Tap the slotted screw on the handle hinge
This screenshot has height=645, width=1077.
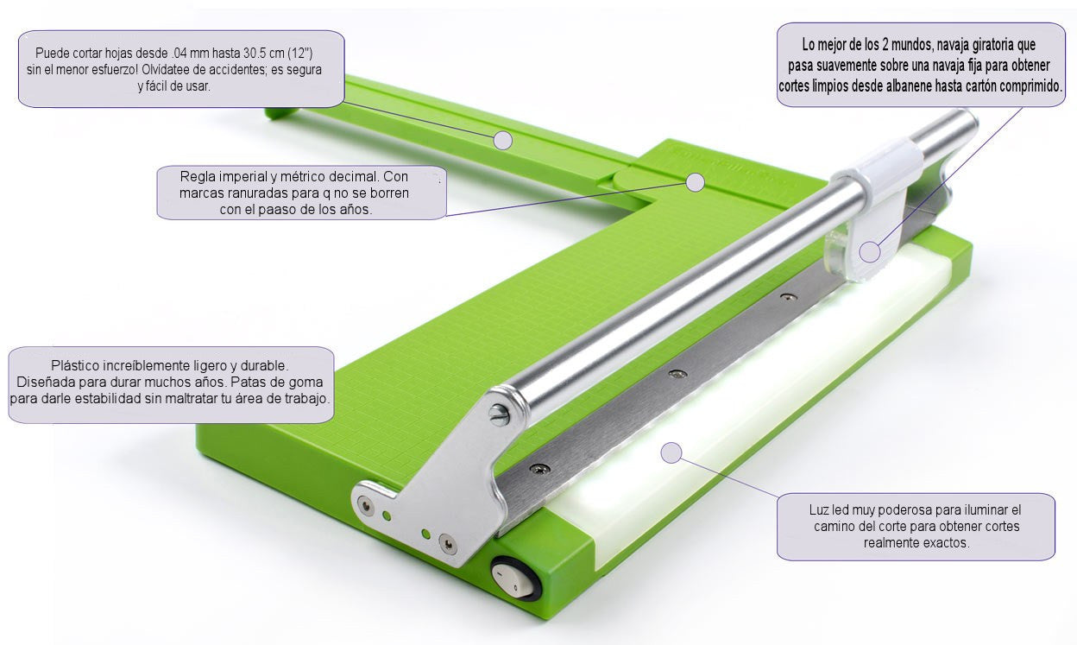(500, 415)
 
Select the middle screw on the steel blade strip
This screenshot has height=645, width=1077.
(678, 374)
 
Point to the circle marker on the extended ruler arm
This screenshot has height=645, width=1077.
(503, 140)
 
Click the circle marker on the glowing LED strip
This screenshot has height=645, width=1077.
(672, 452)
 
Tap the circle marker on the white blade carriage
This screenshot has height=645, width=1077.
(870, 251)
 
